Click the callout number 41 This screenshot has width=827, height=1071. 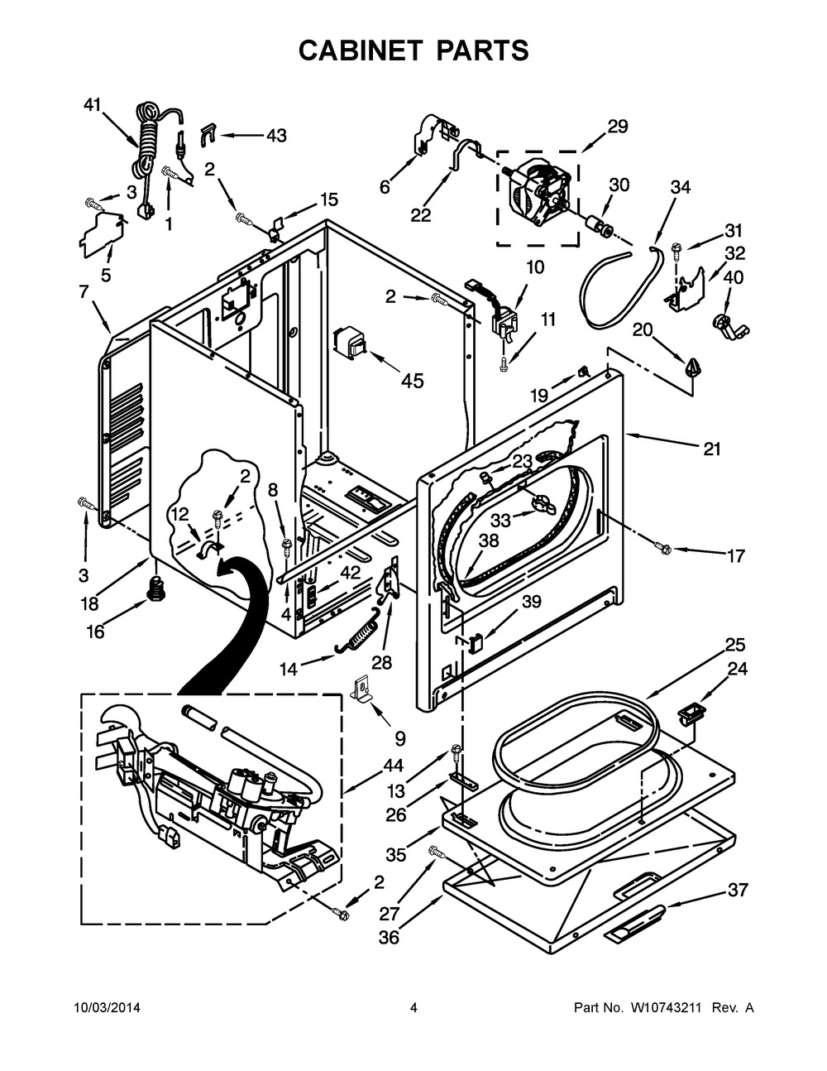[92, 104]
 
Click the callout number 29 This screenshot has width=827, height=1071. [617, 127]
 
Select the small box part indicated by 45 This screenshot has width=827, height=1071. [349, 343]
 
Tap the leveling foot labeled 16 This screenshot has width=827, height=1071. [153, 588]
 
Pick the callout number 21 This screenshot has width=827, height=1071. [711, 449]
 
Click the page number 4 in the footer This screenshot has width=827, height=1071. [413, 1008]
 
